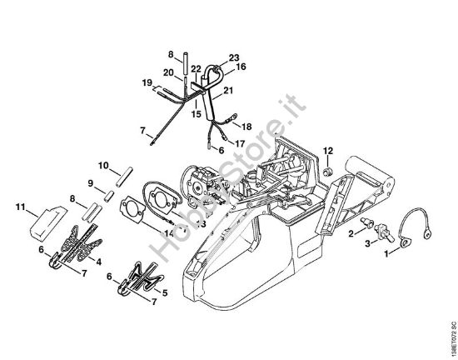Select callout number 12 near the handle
coord(328,151)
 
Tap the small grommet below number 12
coord(327,170)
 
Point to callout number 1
coord(385,252)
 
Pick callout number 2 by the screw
coord(352,233)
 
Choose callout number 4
coord(100,261)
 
